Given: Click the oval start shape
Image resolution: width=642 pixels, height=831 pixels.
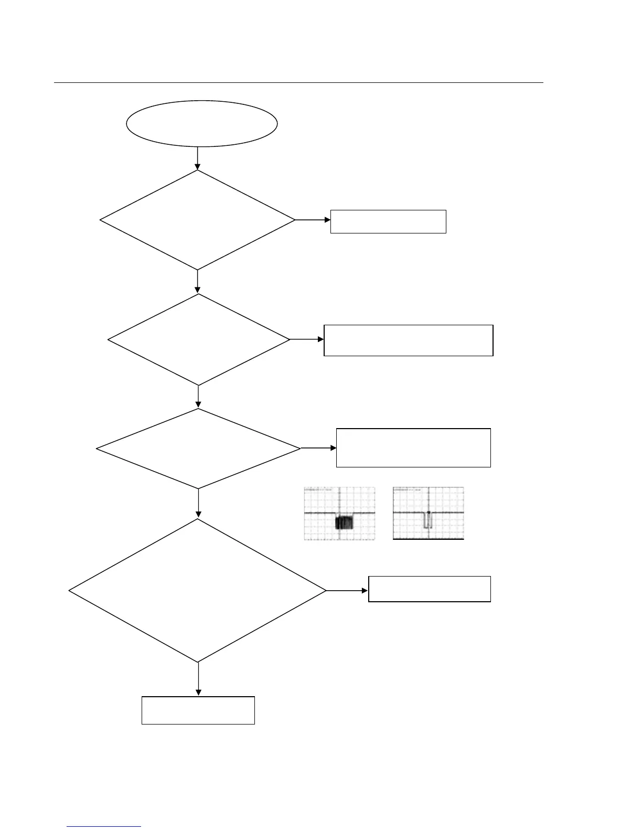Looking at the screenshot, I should click(202, 124).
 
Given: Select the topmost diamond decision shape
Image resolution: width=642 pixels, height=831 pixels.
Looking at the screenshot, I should click(198, 220).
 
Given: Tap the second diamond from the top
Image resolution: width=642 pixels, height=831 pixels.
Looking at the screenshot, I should click(199, 340).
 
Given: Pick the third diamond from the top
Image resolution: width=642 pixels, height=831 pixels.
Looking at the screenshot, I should click(199, 449).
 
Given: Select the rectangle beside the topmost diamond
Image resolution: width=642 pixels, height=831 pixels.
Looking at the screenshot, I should click(388, 221).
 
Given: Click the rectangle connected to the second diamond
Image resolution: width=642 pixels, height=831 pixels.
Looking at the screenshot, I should click(409, 340).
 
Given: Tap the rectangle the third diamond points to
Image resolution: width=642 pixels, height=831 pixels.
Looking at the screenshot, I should click(413, 448).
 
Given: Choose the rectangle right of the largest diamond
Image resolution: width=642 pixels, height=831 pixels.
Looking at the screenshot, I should click(430, 589).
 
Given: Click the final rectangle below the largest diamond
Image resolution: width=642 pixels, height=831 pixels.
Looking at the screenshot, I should click(198, 710).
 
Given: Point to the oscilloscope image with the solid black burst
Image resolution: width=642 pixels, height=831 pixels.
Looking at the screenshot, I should click(340, 514).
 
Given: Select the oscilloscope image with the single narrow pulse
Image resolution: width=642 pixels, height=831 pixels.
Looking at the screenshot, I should click(429, 514).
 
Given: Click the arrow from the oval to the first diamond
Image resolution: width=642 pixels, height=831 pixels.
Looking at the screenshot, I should click(198, 158).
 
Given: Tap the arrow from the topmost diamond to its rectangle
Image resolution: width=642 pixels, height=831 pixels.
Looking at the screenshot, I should click(313, 220).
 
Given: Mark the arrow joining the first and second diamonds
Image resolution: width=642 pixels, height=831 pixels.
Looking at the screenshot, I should click(198, 282).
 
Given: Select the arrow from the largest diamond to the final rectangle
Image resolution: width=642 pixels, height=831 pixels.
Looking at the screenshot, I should click(199, 679).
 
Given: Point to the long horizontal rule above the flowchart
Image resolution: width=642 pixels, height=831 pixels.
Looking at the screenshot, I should click(298, 82).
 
